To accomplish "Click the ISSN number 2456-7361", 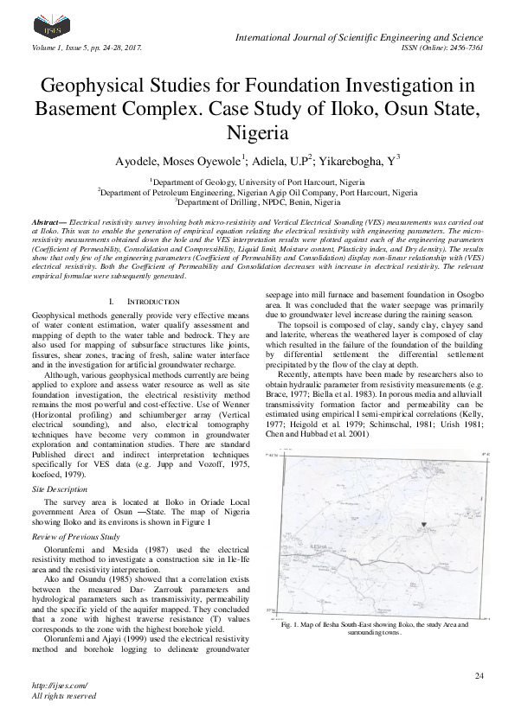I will click(464, 48).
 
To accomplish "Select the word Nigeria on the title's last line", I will click(257, 134).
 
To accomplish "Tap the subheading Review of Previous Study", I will click(75, 536).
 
